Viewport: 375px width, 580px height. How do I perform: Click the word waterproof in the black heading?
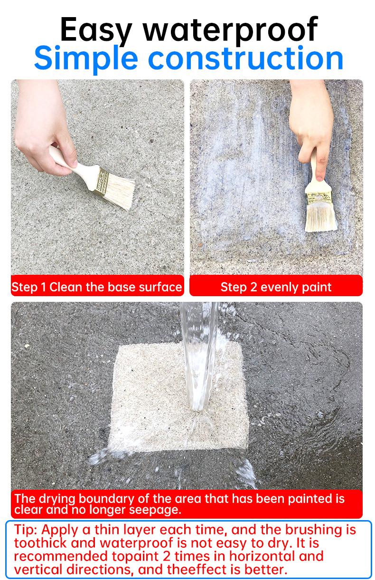coord(230,29)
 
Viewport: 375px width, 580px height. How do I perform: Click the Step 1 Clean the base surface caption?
coord(97,287)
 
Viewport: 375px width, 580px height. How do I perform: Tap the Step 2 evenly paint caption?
coord(276,287)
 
